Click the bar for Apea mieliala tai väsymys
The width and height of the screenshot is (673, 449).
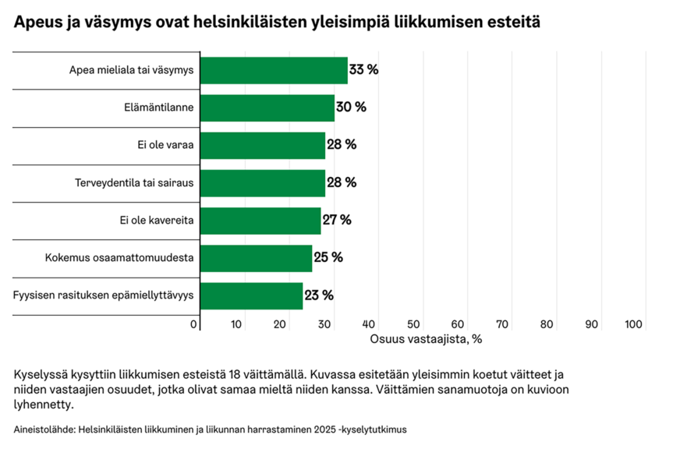(273, 70)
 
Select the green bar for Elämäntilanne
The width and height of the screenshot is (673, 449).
(267, 108)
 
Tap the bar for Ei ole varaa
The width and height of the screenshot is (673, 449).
(263, 145)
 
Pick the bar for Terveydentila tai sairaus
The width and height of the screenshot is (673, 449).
(263, 182)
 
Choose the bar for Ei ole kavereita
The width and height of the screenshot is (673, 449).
(260, 221)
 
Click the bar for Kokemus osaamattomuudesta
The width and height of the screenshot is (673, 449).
(256, 258)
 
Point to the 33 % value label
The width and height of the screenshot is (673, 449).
(363, 70)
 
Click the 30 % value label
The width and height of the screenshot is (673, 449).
(351, 108)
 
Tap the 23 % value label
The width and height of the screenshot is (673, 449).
(319, 296)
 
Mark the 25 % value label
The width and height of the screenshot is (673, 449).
(328, 258)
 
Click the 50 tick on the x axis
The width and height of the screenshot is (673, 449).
(414, 324)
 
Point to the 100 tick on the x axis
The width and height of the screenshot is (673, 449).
(633, 324)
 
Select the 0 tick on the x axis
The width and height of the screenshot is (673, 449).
(194, 324)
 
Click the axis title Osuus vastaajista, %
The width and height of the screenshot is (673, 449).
(427, 339)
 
